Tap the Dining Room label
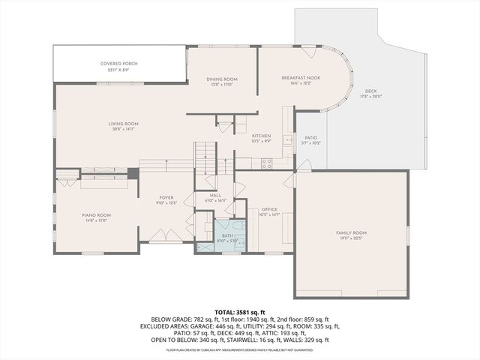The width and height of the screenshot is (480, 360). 223,79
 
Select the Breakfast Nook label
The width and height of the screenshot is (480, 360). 302,78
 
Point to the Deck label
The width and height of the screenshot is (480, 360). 371,91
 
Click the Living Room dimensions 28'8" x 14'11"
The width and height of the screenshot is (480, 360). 125,130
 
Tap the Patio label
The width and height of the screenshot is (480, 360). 310,138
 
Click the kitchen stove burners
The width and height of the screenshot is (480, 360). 265,163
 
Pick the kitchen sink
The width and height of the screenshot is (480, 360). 288,140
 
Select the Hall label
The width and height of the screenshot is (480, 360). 215,194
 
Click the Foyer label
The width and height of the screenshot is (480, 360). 166,198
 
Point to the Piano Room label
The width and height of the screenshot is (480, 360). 97,215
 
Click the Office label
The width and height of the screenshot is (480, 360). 269,209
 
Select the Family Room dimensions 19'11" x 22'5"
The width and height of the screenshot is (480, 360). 350,239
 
